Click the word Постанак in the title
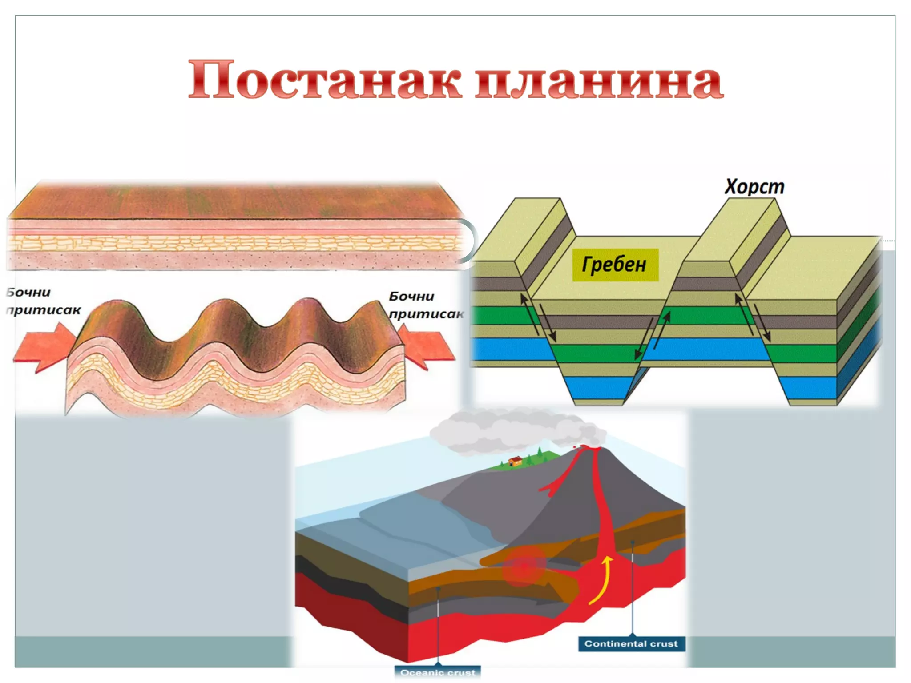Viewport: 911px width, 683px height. [x=325, y=80]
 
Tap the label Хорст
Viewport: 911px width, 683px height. [x=754, y=187]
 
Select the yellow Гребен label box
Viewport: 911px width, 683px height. [x=614, y=265]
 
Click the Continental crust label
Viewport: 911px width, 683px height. [x=631, y=643]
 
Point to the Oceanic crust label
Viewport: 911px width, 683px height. [x=438, y=672]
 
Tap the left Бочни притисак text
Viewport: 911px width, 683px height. [x=42, y=301]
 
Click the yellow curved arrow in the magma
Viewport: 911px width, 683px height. [x=603, y=580]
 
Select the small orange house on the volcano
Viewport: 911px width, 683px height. [x=515, y=461]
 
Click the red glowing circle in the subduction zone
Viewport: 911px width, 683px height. [x=524, y=566]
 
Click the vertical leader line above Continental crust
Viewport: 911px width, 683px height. [x=632, y=587]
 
